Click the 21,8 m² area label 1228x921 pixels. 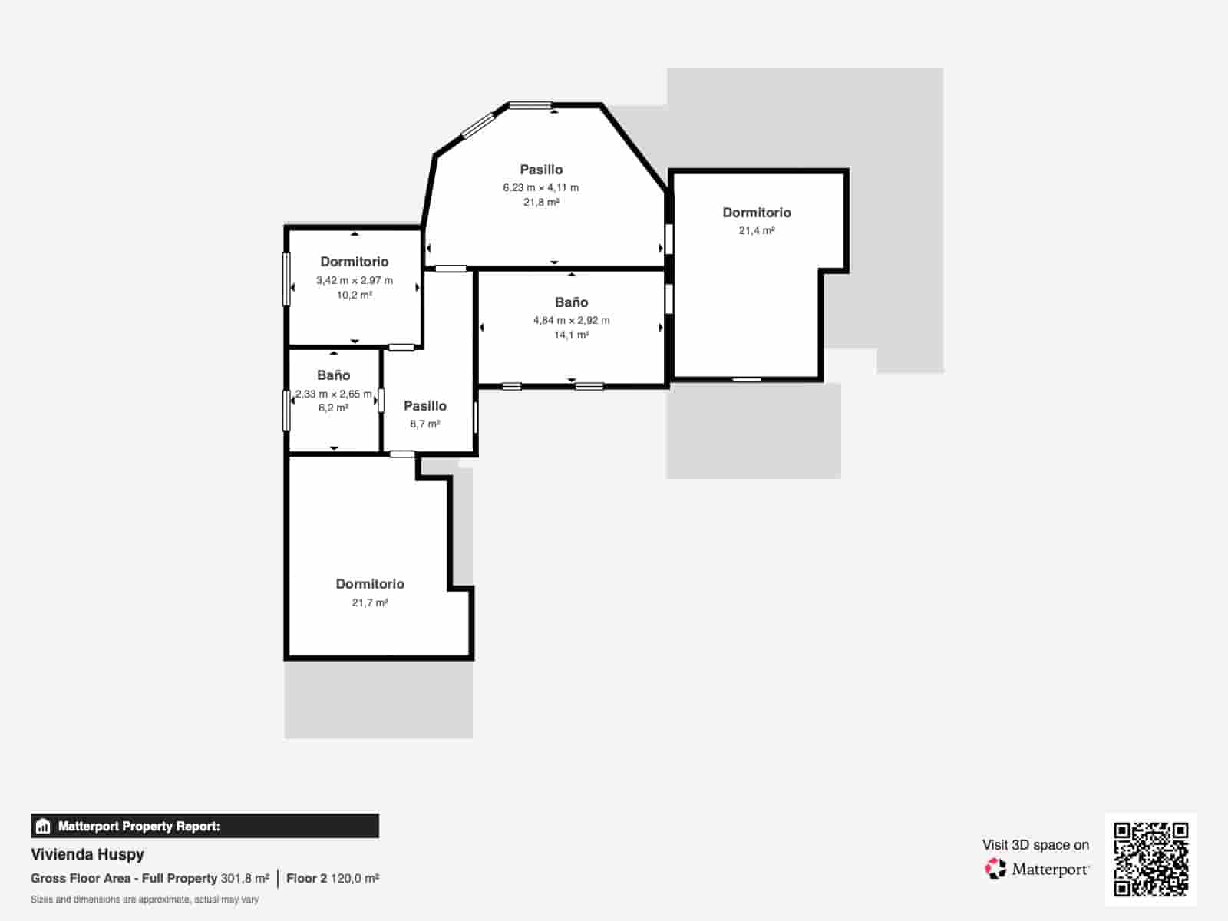pos(541,202)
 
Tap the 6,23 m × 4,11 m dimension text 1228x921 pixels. pos(540,187)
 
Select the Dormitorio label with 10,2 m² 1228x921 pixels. pos(354,262)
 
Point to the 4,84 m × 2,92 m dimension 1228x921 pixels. pos(571,320)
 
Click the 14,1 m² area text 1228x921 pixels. pos(571,335)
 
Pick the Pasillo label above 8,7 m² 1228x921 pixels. pos(425,406)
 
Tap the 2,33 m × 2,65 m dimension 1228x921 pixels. pos(333,394)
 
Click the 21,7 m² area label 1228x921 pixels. pos(370,602)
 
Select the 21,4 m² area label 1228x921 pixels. pos(757,230)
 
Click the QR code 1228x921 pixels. pos(1150,859)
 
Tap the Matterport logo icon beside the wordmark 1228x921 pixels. pos(995,869)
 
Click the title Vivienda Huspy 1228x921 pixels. pos(87,854)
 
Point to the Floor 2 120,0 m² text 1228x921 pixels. pos(333,879)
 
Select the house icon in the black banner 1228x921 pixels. pos(43,826)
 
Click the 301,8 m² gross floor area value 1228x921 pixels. pos(245,879)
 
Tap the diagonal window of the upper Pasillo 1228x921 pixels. pos(478,125)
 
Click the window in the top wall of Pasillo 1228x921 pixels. pos(530,105)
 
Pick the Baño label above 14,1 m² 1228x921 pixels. pos(571,302)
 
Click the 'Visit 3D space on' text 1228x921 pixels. pos(1035,845)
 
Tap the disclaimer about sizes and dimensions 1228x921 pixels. pos(144,900)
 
